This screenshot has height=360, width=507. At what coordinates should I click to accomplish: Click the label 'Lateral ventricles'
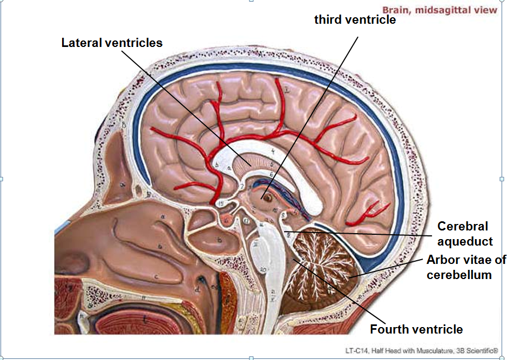click(x=112, y=43)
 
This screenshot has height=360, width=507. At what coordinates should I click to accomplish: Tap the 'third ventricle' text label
click(x=355, y=20)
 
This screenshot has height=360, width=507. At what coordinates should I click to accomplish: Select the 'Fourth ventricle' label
click(x=416, y=329)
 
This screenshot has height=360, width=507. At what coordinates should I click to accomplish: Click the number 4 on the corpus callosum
click(x=273, y=152)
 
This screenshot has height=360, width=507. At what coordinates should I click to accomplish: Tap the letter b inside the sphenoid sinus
click(x=219, y=239)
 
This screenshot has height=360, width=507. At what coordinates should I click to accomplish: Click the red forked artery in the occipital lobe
click(x=374, y=212)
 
